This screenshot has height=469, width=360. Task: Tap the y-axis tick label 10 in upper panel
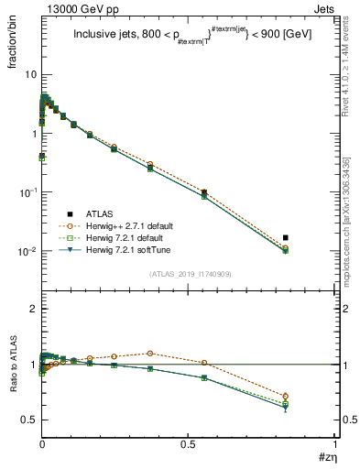pyautogui.click(x=30, y=74)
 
